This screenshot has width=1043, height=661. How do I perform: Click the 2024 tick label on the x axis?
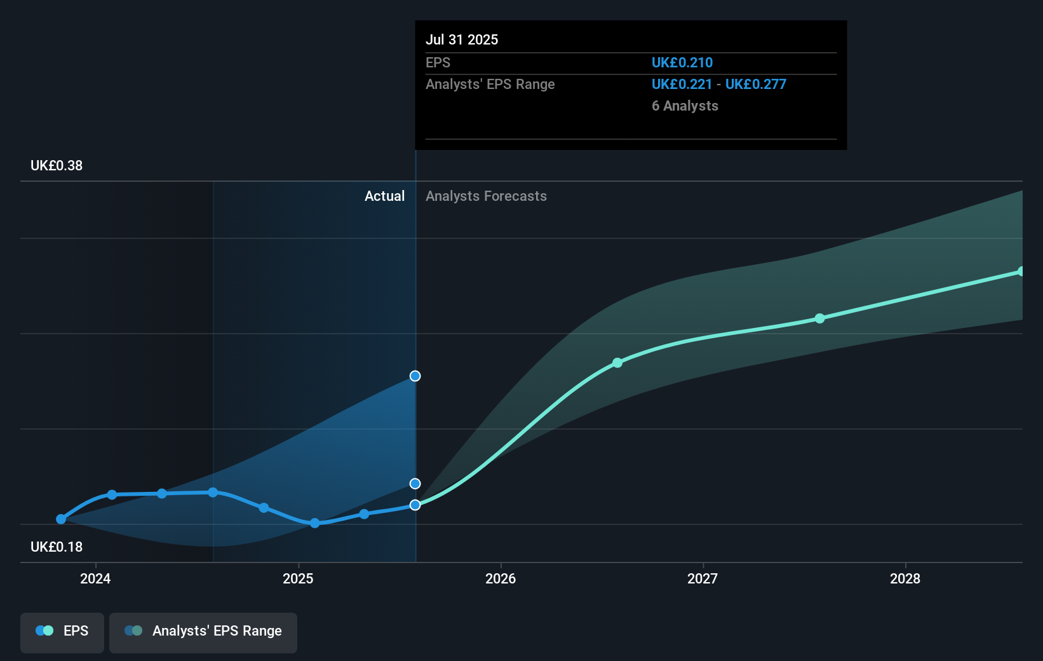[x=95, y=578]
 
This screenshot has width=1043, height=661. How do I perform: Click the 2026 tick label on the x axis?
[x=501, y=578]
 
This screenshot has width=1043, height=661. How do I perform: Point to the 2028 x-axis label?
[x=905, y=578]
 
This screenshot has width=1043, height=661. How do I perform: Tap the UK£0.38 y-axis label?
[x=57, y=166]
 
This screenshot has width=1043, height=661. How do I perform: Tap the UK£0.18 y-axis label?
[x=57, y=547]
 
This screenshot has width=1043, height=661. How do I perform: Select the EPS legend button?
[x=62, y=632]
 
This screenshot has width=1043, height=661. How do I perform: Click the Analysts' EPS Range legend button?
[x=203, y=632]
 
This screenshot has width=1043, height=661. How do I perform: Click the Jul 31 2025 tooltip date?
[x=462, y=39]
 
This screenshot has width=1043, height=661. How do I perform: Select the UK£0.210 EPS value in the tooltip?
[x=682, y=62]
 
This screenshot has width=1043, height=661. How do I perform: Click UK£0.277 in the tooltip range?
[x=755, y=84]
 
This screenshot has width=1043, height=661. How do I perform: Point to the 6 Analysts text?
[x=685, y=106]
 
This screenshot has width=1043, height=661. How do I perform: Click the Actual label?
[x=384, y=196]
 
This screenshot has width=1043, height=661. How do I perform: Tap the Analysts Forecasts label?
[x=486, y=196]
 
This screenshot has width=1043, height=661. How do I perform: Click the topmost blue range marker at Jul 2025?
[x=415, y=376]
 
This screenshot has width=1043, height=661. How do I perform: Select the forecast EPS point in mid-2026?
[x=617, y=363]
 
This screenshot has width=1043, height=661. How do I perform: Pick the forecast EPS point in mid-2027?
[x=819, y=318]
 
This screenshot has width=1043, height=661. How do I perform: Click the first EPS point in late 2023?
[x=61, y=519]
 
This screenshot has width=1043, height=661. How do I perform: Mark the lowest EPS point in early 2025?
[x=314, y=523]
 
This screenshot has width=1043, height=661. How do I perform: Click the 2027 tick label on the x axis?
[x=703, y=578]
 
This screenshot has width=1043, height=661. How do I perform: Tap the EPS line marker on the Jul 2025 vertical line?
[x=415, y=505]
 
